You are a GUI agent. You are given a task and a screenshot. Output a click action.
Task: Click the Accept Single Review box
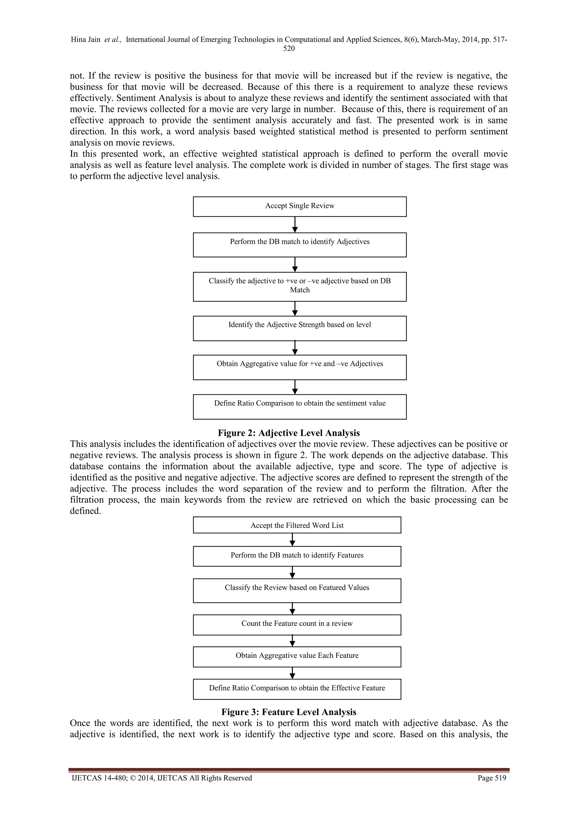coord(300,207)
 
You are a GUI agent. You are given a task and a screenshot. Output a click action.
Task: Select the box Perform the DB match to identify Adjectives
coord(300,245)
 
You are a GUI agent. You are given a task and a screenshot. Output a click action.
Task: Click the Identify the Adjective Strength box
coord(300,328)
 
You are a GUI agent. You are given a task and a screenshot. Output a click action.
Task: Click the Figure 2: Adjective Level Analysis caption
coord(289,433)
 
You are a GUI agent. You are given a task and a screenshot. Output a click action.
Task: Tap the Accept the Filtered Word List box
coord(297,525)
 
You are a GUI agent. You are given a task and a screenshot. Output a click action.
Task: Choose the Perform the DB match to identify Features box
coord(297,556)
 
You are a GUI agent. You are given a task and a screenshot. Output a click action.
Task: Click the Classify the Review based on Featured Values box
coord(297,590)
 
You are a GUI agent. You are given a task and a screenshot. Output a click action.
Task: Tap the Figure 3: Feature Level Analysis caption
coord(289,712)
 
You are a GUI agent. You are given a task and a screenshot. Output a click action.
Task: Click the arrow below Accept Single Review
coord(295,225)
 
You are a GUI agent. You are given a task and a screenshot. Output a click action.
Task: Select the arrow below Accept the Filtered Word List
coord(292,539)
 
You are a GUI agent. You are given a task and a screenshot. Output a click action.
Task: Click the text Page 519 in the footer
coord(492,778)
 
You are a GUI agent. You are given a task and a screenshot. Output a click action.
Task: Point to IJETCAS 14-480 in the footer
coord(95,778)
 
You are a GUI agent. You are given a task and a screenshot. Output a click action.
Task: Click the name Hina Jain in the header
coord(86,39)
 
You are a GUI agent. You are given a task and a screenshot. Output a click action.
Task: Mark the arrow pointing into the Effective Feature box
coord(292,673)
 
